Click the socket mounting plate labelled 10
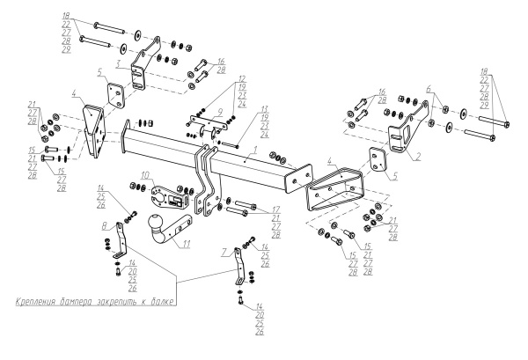(x=165, y=192)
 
